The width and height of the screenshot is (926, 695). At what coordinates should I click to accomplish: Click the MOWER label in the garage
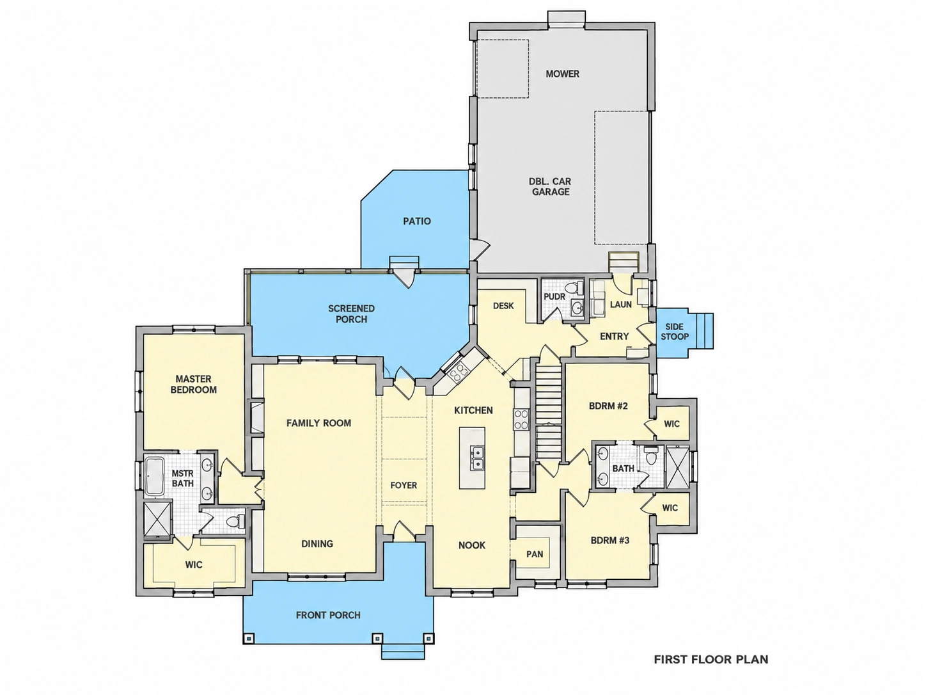(562, 74)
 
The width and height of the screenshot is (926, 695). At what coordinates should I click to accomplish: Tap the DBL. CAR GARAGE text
(550, 186)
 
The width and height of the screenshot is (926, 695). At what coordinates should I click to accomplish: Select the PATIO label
(417, 221)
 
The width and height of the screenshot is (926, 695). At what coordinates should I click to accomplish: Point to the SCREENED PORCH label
(352, 314)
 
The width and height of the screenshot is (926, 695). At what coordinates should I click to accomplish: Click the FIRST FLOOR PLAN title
(711, 659)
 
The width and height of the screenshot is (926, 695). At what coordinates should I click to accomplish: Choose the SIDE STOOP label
(674, 332)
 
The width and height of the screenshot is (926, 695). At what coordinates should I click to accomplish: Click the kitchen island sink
(478, 458)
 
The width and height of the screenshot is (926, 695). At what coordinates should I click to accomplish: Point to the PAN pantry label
(535, 554)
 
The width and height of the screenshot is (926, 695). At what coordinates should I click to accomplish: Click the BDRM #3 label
(610, 540)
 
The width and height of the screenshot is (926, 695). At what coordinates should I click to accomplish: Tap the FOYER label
(404, 485)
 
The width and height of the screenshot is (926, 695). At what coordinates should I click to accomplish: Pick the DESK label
(503, 305)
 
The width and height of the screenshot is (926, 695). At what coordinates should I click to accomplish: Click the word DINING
(317, 543)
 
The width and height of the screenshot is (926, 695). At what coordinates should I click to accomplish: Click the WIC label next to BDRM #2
(671, 423)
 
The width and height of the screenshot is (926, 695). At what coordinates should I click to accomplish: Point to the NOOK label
(472, 545)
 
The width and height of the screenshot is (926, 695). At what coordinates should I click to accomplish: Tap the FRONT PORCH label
(328, 615)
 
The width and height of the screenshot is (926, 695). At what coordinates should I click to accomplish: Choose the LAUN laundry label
(620, 304)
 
